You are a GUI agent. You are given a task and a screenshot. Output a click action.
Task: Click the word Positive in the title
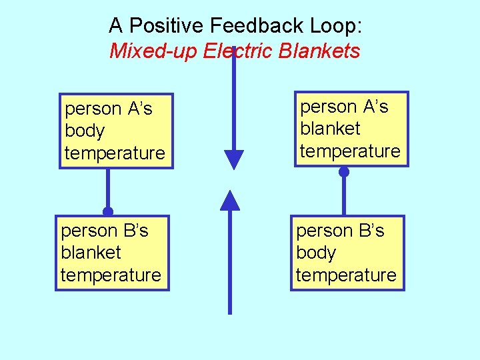coord(166,26)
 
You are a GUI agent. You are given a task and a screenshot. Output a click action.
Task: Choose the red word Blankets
coord(320,51)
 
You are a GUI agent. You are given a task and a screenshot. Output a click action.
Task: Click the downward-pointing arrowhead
coord(234,159)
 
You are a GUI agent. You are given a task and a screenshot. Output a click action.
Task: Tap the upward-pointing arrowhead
coord(230,200)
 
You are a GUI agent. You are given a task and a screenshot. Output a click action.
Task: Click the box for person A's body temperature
coord(115,131)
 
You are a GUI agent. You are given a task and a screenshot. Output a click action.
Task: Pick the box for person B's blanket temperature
coord(111,253)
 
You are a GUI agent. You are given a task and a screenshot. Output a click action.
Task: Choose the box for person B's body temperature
coord(347,253)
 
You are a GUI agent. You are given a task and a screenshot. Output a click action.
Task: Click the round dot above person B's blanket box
coord(107,211)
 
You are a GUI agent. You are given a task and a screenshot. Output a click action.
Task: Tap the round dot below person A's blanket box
coord(344,172)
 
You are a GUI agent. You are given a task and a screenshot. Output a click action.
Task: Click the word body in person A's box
coord(85,131)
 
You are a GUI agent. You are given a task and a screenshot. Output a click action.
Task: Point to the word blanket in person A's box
coord(330,129)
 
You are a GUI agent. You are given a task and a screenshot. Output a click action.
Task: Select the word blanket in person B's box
coord(91,253)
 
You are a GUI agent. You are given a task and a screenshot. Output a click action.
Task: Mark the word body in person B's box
coord(316,253)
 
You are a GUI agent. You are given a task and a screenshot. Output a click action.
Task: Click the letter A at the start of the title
coord(116,26)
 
